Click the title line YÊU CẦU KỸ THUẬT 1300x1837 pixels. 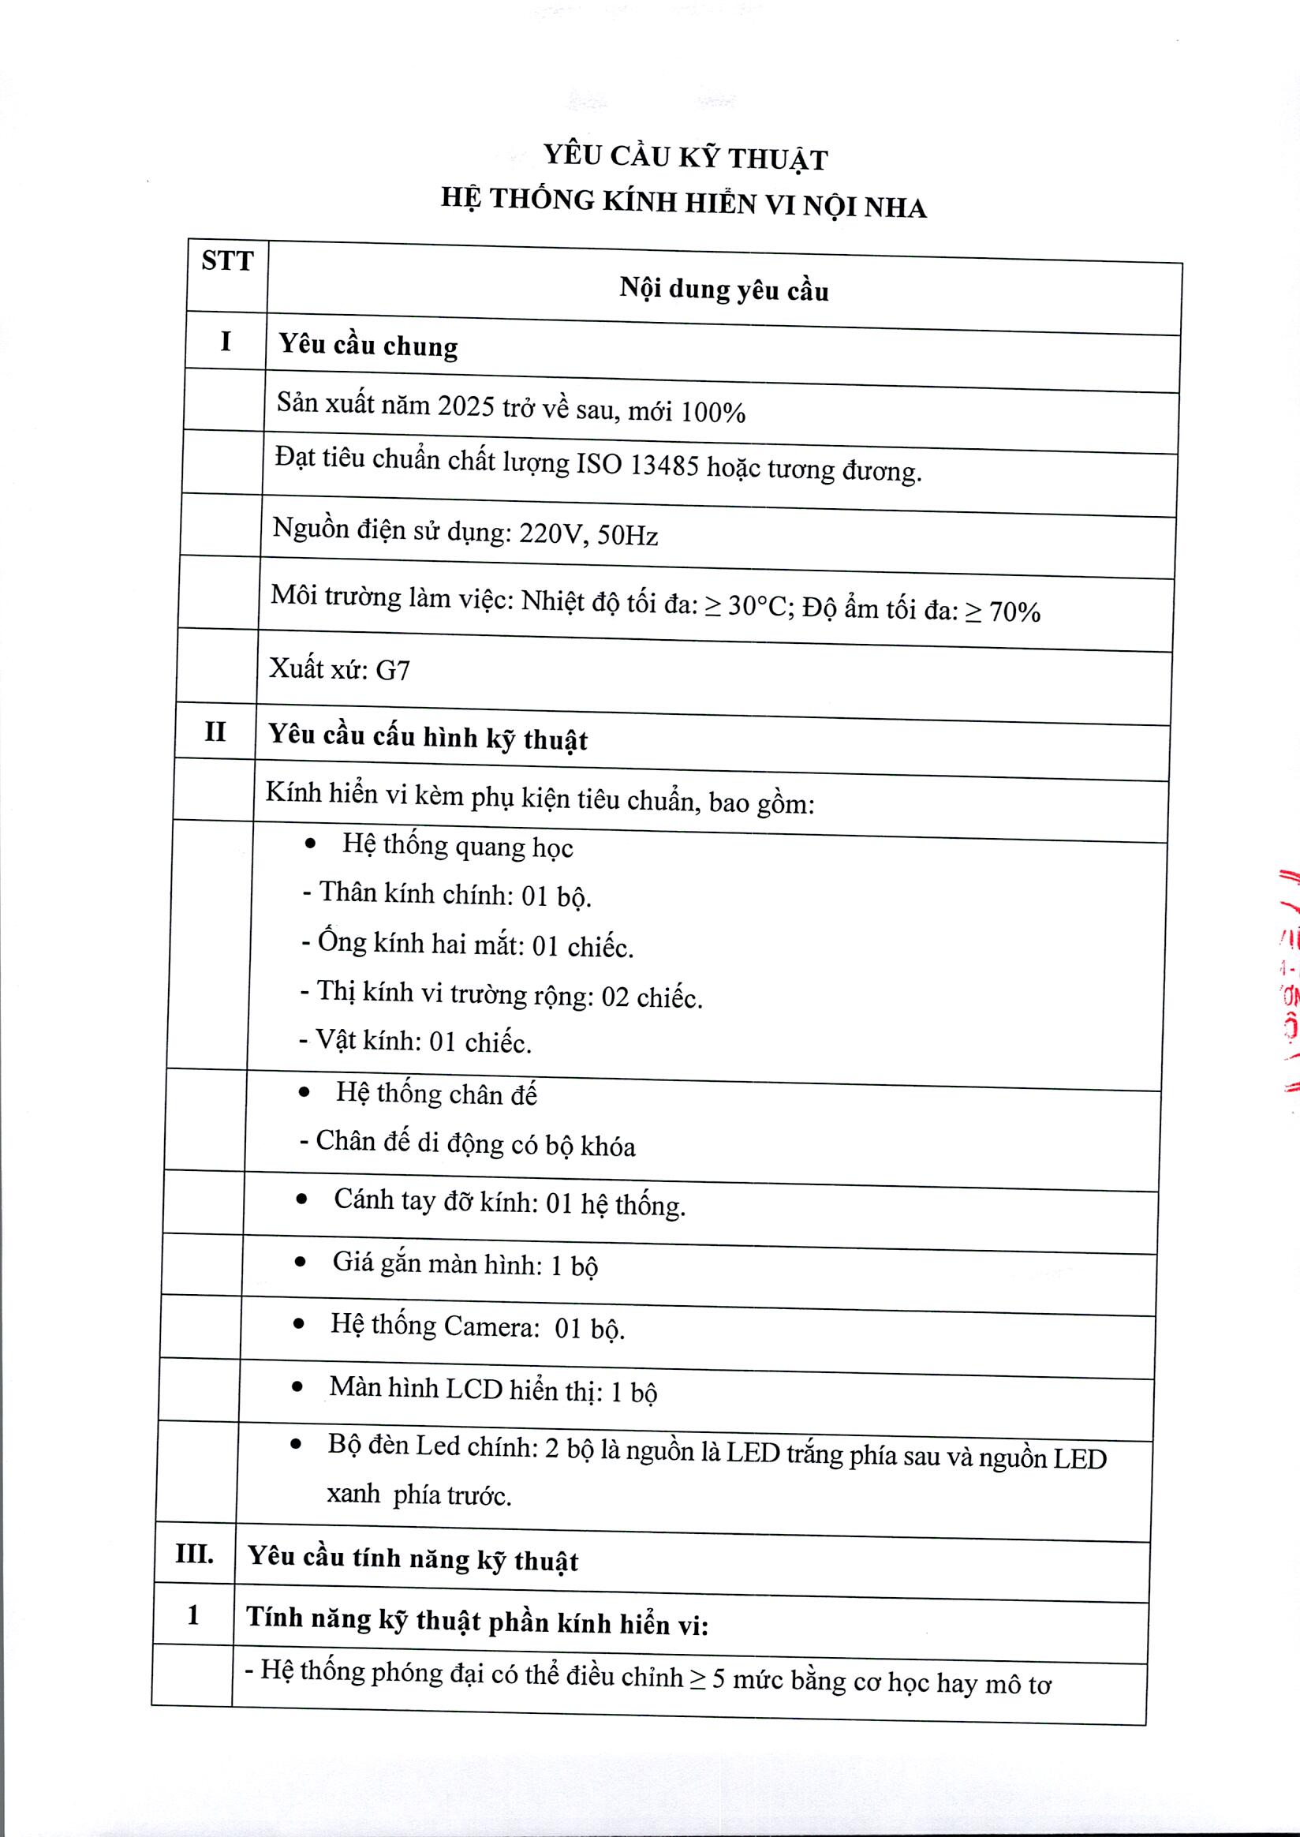point(685,157)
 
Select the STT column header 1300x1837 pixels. point(227,261)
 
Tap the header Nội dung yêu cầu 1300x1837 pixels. point(723,290)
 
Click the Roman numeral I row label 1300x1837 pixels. point(226,341)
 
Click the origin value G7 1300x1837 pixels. point(392,669)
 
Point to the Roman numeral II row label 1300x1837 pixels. point(215,732)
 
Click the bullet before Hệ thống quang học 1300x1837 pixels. point(311,844)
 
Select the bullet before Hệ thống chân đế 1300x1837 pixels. point(304,1092)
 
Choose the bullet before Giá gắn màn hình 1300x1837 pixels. point(301,1262)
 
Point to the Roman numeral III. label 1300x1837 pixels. point(195,1555)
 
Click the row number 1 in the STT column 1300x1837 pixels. point(193,1615)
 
